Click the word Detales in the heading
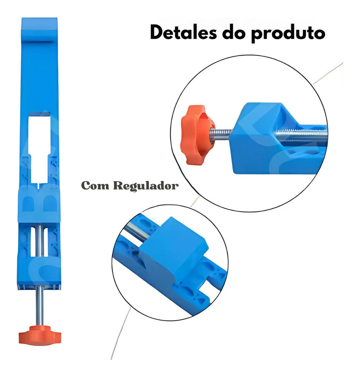pyautogui.click(x=184, y=32)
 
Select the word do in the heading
pyautogui.click(x=234, y=32)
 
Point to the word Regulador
pyautogui.click(x=146, y=186)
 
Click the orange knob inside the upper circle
pyautogui.click(x=197, y=135)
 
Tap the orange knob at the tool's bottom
pyautogui.click(x=40, y=335)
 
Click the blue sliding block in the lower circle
pyautogui.click(x=174, y=248)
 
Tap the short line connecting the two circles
pyautogui.click(x=195, y=201)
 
